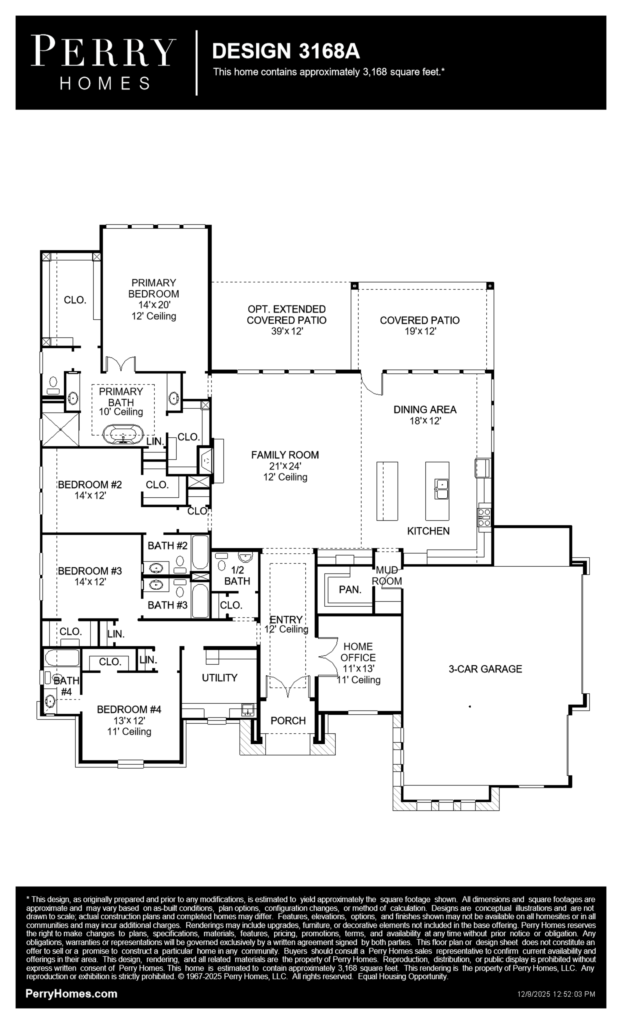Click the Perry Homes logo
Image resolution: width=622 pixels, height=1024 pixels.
coord(103,62)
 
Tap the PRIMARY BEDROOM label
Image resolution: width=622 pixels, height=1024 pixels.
coord(153,288)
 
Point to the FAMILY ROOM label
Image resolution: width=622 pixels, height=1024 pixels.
coord(285,455)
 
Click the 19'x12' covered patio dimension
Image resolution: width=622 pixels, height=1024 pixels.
coord(420,331)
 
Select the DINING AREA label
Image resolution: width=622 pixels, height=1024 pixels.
coord(425,410)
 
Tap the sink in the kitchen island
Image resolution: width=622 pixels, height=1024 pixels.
coord(441,488)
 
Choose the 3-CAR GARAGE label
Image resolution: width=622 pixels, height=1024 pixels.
coord(485,669)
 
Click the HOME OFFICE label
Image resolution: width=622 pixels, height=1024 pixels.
coord(358,652)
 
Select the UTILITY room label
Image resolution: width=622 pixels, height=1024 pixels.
coord(220,678)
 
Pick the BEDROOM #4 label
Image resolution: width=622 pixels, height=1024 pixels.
coord(129,709)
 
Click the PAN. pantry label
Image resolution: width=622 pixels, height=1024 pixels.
coord(350,589)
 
